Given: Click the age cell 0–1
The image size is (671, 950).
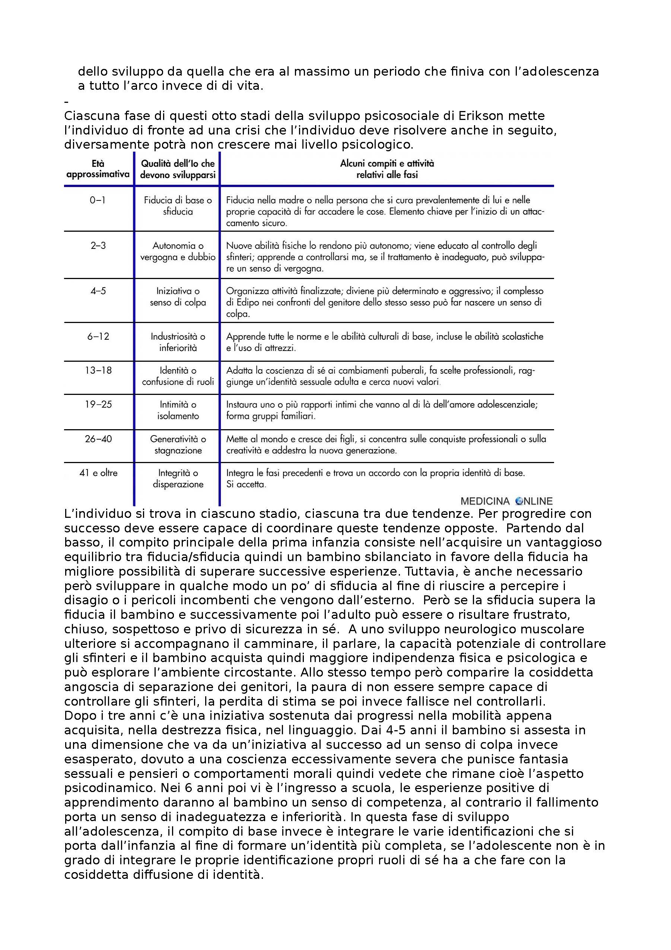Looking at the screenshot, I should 98,200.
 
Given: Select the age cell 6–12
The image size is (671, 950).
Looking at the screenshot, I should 98,336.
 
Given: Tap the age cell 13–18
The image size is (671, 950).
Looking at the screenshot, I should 98,370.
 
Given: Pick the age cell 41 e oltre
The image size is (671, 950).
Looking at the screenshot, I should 98,473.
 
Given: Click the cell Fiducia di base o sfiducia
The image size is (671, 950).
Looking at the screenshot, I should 178,206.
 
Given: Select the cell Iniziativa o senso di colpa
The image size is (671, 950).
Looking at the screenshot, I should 178,297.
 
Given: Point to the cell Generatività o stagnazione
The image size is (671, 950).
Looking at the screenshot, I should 178,445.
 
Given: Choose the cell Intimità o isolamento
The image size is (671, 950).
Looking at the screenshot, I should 178,410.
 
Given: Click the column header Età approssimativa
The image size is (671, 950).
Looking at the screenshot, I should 98,169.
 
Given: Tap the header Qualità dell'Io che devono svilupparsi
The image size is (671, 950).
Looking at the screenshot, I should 178,169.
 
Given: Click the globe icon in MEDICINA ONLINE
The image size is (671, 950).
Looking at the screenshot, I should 519,501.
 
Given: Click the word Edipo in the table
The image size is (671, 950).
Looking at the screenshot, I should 247,303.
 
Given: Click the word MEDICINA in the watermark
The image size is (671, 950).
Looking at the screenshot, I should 484,501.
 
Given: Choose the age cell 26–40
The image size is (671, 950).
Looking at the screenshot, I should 98,439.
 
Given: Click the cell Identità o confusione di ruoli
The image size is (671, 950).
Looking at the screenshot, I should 178,376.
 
